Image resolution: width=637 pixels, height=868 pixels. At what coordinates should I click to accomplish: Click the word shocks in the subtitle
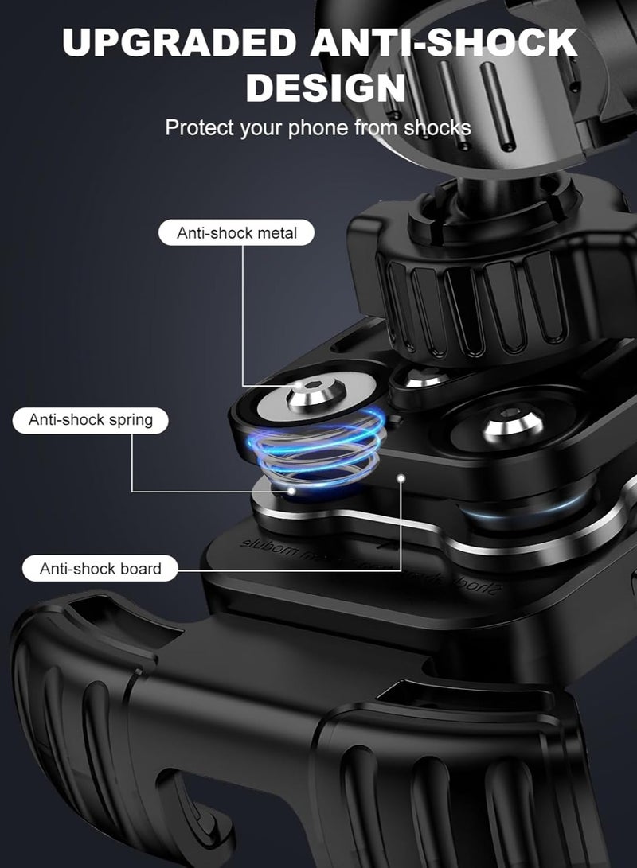coord(437,127)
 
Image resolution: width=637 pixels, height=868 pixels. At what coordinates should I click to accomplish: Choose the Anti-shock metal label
coord(236,233)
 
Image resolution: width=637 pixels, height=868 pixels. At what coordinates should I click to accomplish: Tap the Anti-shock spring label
coord(91,419)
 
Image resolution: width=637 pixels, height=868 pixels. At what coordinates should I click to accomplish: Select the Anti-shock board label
coord(100,569)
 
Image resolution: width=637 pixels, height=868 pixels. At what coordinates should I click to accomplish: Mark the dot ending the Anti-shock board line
coord(401,478)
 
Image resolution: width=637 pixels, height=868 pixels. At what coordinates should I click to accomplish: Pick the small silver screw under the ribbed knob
coord(420,376)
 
